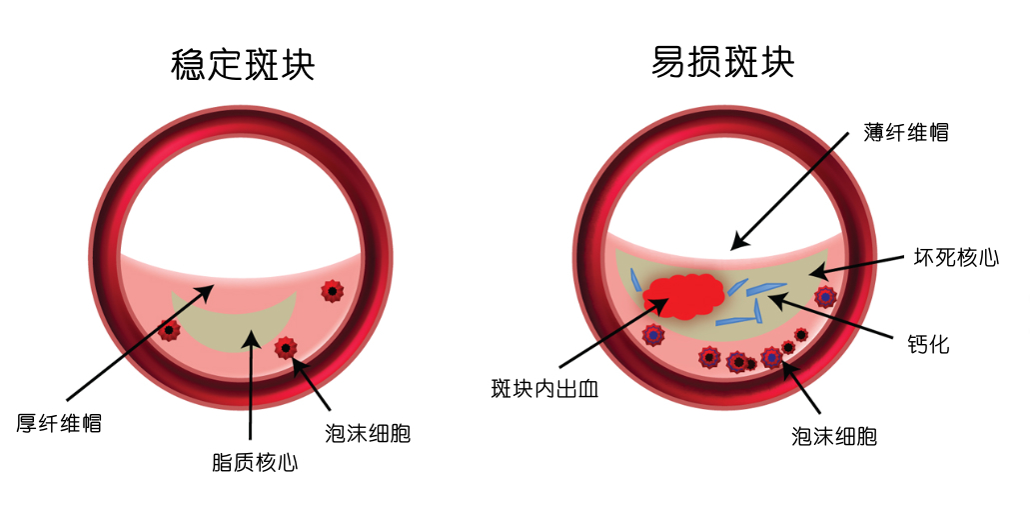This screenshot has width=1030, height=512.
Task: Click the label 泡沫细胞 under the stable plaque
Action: point(367,433)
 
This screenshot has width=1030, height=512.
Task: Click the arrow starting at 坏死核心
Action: point(859,265)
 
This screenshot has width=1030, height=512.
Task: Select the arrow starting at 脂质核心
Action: point(251,390)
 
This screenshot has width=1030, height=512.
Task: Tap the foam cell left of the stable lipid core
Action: point(170,330)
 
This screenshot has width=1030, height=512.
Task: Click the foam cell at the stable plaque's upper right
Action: point(332,291)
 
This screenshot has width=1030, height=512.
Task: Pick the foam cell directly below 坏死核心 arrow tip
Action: point(825,296)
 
